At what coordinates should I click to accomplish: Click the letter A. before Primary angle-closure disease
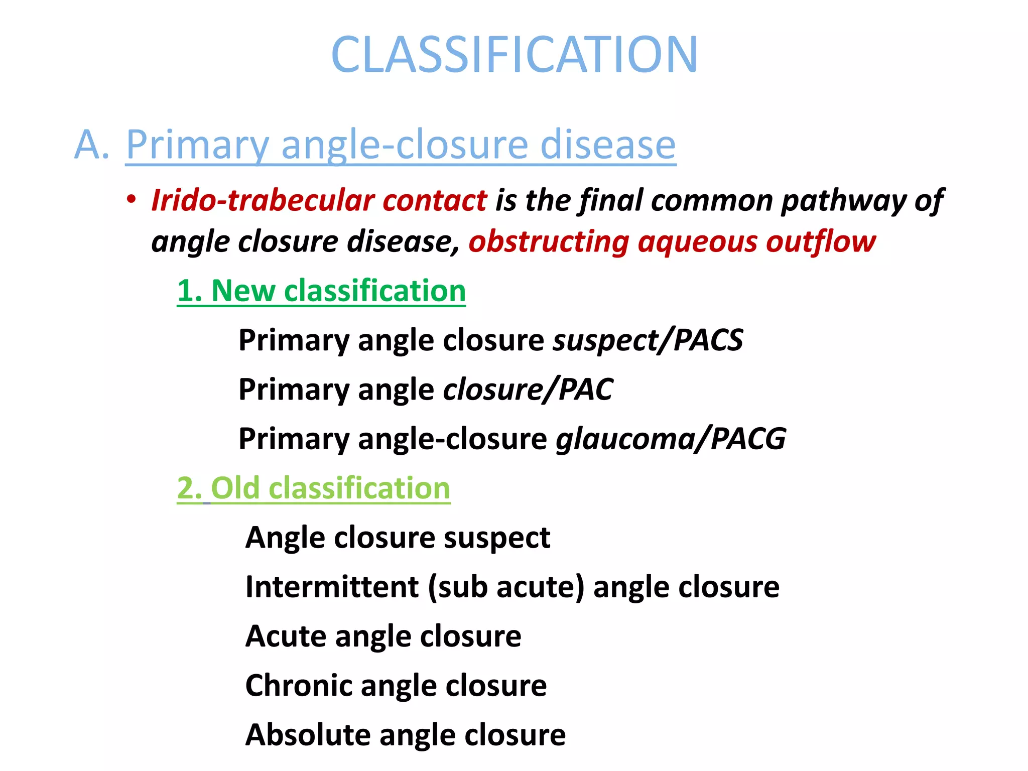(91, 145)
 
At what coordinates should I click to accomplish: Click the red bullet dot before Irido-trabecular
(132, 200)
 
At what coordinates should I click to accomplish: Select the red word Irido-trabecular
(263, 201)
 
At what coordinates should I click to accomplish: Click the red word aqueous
(697, 242)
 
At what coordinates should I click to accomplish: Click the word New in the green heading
(243, 291)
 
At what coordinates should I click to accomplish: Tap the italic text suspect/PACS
(648, 341)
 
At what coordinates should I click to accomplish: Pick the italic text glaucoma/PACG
(671, 439)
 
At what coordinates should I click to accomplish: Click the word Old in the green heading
(235, 488)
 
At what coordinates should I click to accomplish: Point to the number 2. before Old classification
(189, 488)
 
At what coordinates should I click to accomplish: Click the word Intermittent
(332, 587)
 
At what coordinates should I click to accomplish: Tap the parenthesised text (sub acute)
(506, 587)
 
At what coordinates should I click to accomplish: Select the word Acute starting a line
(286, 636)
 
